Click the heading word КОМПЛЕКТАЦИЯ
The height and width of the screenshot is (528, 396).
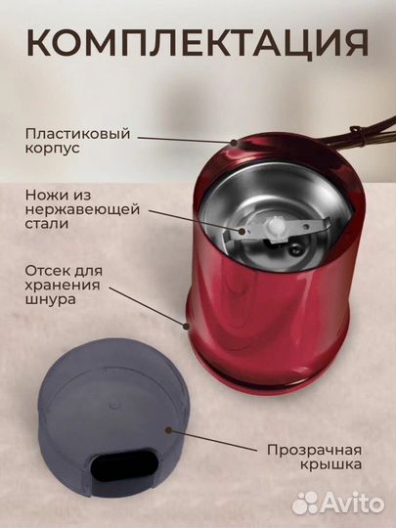point(198,43)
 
